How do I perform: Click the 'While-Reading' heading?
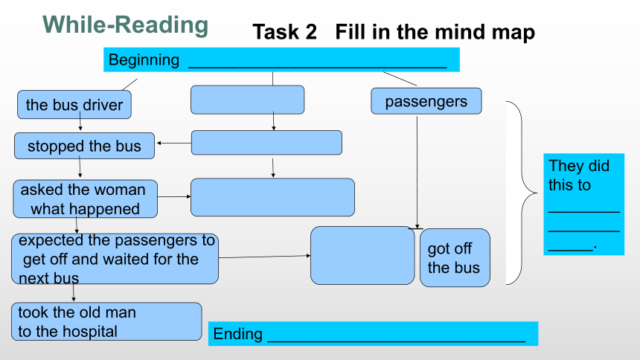tap(125, 25)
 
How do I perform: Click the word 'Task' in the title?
tap(284, 32)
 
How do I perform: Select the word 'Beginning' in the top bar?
tap(144, 60)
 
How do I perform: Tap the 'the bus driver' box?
tap(74, 105)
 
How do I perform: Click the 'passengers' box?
tap(426, 101)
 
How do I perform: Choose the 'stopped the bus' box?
tap(85, 146)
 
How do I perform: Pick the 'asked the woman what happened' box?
tap(86, 199)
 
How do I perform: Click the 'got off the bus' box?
tap(455, 257)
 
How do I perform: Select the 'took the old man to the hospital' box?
tap(106, 321)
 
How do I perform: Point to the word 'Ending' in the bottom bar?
tap(237, 334)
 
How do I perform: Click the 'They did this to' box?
tap(583, 204)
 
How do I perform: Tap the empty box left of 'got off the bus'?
tap(362, 256)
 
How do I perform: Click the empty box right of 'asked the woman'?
tap(272, 197)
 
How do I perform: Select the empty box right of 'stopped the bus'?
tap(266, 143)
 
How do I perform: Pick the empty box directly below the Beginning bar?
tap(247, 100)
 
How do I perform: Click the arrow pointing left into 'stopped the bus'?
tap(174, 143)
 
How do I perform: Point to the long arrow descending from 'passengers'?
tap(417, 173)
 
